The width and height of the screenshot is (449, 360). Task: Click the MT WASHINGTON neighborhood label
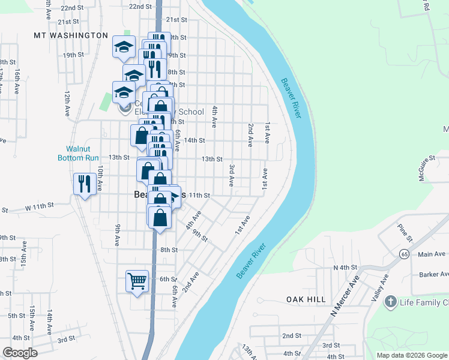coord(71,36)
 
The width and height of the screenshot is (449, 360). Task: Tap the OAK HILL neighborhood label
coord(306,299)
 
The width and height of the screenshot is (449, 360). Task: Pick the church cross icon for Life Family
coord(391,301)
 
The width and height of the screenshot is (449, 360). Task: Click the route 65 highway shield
coord(397,254)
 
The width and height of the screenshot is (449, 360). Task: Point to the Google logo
coord(20,353)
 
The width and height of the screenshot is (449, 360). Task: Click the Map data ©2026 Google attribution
coord(411,355)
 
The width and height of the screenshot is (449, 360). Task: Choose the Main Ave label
coord(432,254)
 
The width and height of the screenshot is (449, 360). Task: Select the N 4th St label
coord(345,267)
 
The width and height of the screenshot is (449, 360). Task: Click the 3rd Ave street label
coord(231,172)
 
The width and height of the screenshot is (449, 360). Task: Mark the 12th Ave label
coord(68,103)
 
